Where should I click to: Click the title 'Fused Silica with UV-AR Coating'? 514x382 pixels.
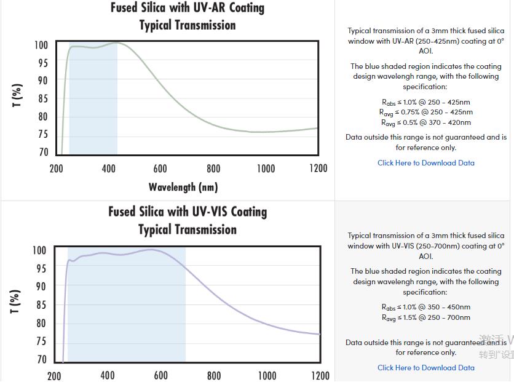coord(188,8)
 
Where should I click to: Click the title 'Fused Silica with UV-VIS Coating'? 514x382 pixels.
coord(188,212)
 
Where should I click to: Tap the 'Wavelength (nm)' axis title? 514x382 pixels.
coord(183,186)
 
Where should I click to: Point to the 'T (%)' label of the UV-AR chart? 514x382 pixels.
coord(17,95)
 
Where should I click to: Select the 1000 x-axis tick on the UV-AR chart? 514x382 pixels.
coord(266,169)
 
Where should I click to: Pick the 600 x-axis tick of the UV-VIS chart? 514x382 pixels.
coord(160,375)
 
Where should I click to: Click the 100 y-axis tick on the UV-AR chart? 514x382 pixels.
coord(41,45)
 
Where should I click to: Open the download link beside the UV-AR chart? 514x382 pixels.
coord(426,163)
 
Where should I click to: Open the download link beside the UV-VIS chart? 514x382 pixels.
coord(426,368)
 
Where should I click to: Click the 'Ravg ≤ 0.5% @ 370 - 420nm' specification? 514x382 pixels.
coord(426,122)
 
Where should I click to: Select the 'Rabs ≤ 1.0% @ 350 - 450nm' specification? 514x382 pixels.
coord(426,307)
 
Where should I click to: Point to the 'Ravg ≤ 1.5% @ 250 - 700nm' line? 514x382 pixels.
coord(426,317)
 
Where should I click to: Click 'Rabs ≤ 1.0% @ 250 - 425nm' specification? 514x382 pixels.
coord(426,102)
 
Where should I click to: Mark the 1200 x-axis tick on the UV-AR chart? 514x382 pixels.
coord(318,169)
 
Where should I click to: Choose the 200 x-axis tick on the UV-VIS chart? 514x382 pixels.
coord(54,375)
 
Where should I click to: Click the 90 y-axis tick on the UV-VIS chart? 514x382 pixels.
coord(39,287)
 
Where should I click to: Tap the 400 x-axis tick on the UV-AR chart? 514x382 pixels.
coord(109,169)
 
